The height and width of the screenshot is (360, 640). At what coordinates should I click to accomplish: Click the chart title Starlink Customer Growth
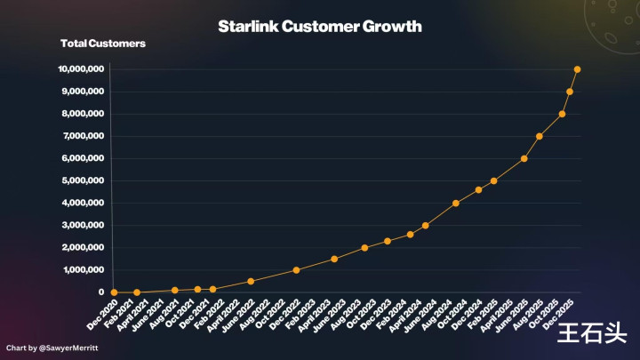pyautogui.click(x=320, y=27)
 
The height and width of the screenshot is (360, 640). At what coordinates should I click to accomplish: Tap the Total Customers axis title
pyautogui.click(x=103, y=44)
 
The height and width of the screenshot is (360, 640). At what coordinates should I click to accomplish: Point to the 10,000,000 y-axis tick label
pyautogui.click(x=81, y=69)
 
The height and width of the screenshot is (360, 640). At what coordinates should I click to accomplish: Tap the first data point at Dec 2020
pyautogui.click(x=114, y=292)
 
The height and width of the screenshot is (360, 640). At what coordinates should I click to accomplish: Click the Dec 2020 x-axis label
pyautogui.click(x=101, y=314)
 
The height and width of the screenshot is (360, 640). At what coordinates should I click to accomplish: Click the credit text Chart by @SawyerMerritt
pyautogui.click(x=51, y=347)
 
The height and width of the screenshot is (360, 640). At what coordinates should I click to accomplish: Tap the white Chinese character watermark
pyautogui.click(x=592, y=332)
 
